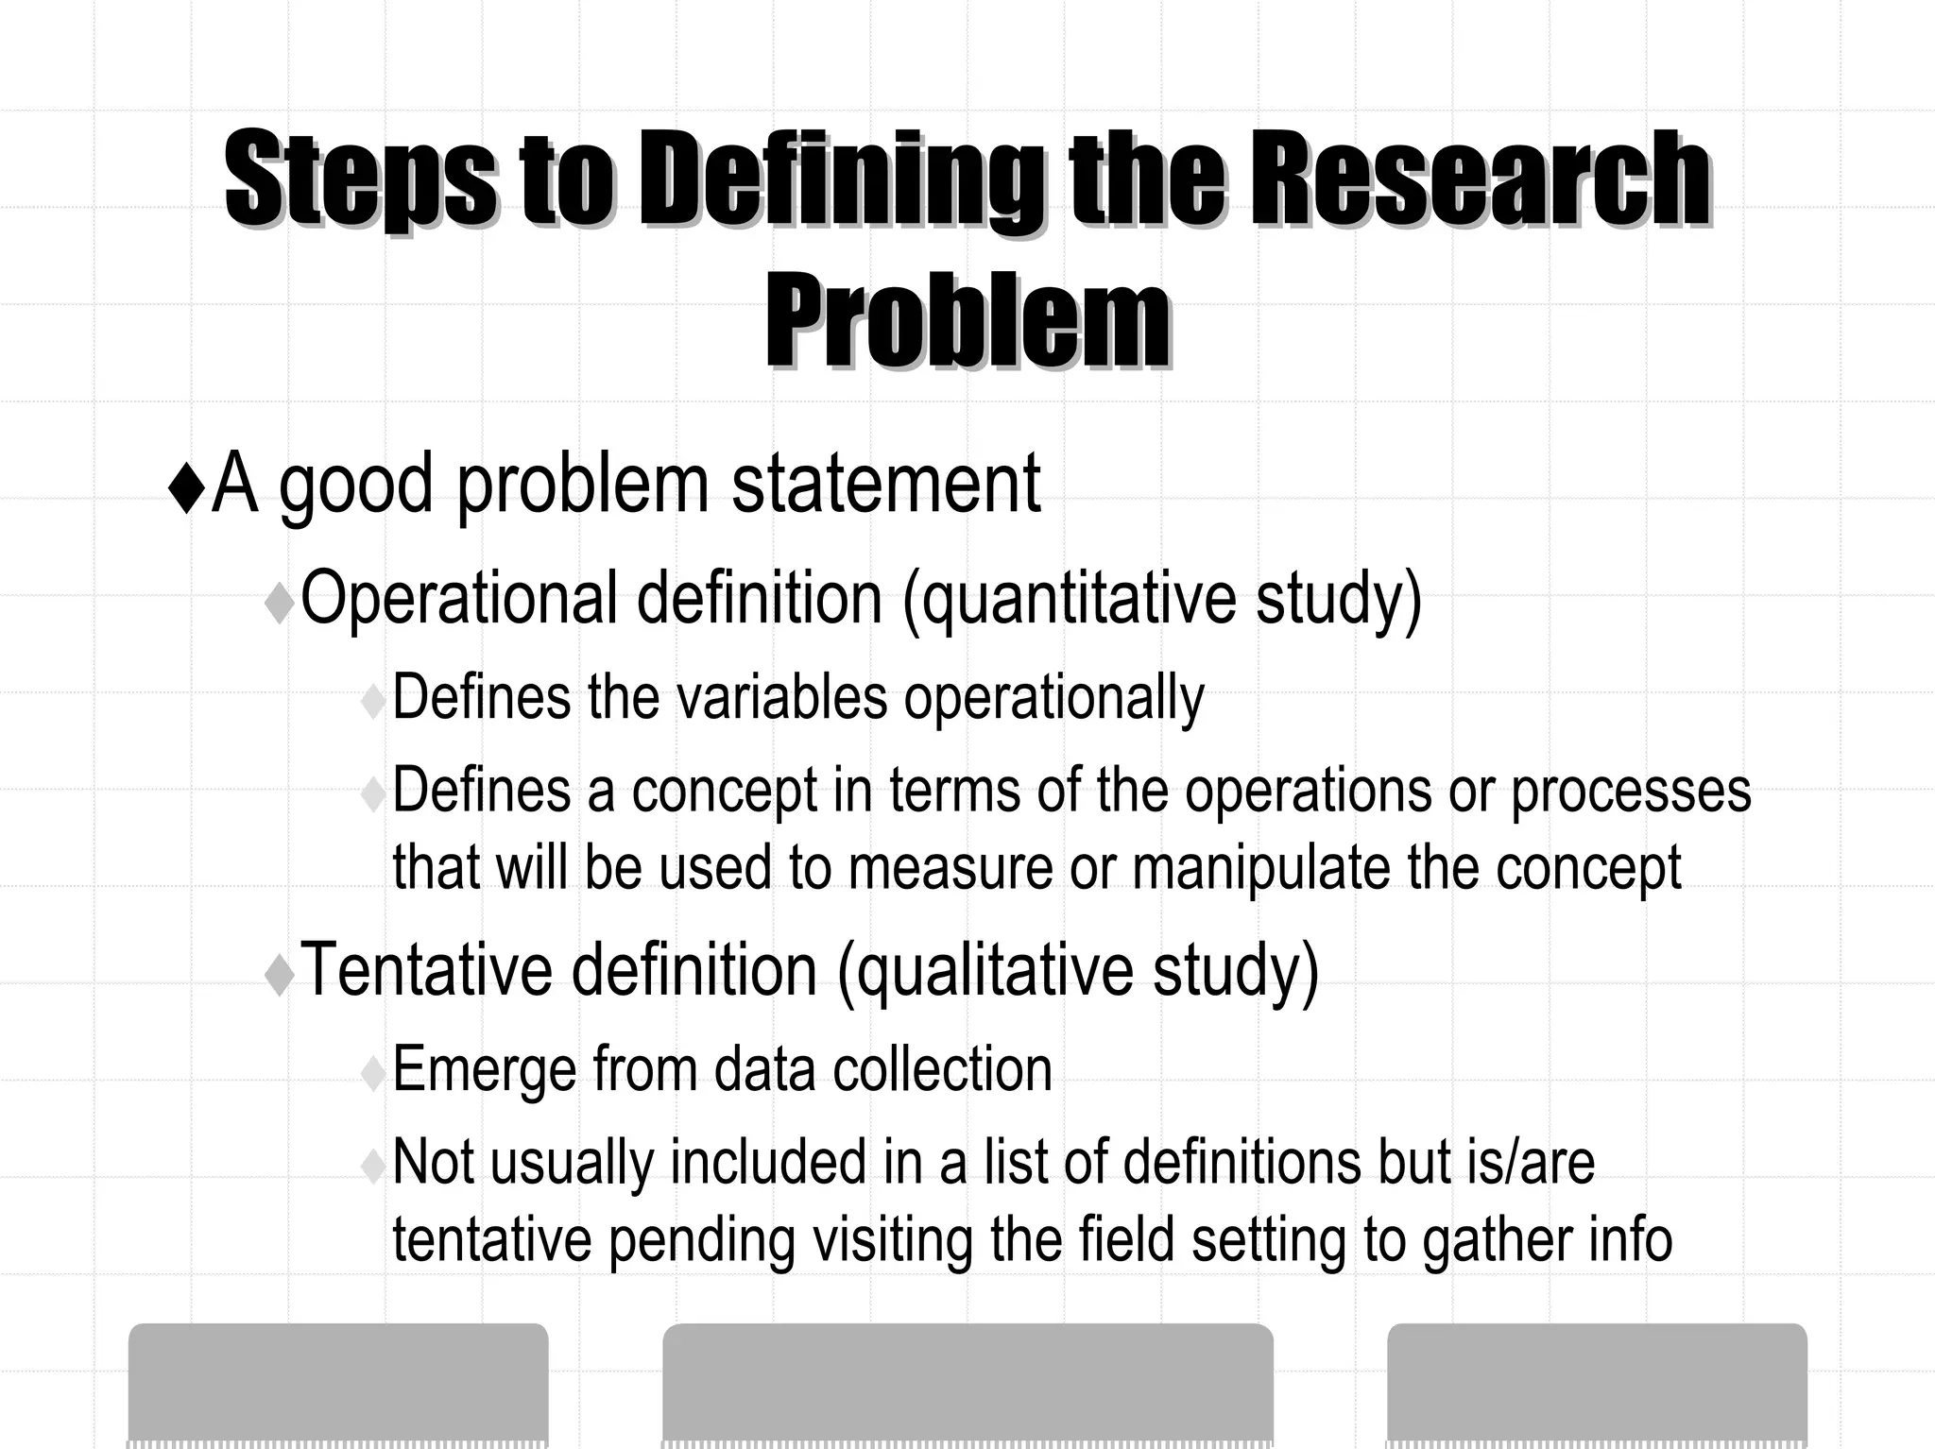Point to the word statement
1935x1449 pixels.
[885, 484]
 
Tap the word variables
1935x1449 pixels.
[782, 697]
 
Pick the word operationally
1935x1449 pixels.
[1053, 699]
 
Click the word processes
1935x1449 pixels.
[1631, 792]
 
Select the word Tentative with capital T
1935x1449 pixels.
[426, 969]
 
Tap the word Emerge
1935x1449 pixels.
[483, 1070]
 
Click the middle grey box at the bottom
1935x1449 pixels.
[967, 1384]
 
